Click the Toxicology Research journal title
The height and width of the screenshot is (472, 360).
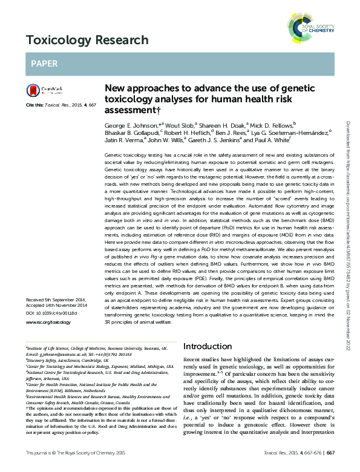click(87, 41)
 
